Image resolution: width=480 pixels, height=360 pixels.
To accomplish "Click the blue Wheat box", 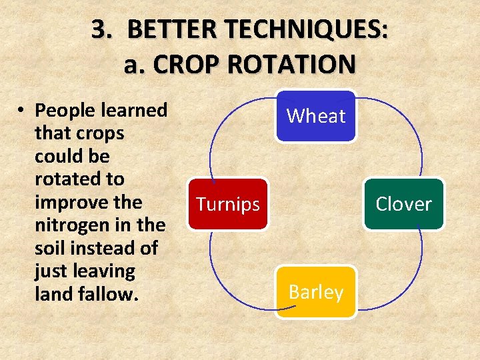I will click(316, 116).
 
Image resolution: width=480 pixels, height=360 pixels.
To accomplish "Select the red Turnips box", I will click(227, 204).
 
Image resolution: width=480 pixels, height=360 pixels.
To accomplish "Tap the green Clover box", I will click(403, 204).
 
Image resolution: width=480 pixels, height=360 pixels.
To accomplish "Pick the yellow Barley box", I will click(316, 292).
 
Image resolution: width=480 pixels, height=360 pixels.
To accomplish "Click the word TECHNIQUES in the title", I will click(291, 30).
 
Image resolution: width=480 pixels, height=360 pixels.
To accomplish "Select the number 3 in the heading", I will click(100, 30).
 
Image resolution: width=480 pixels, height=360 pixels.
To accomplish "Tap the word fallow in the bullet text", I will click(101, 294).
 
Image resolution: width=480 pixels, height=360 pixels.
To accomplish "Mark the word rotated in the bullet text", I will click(64, 179).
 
